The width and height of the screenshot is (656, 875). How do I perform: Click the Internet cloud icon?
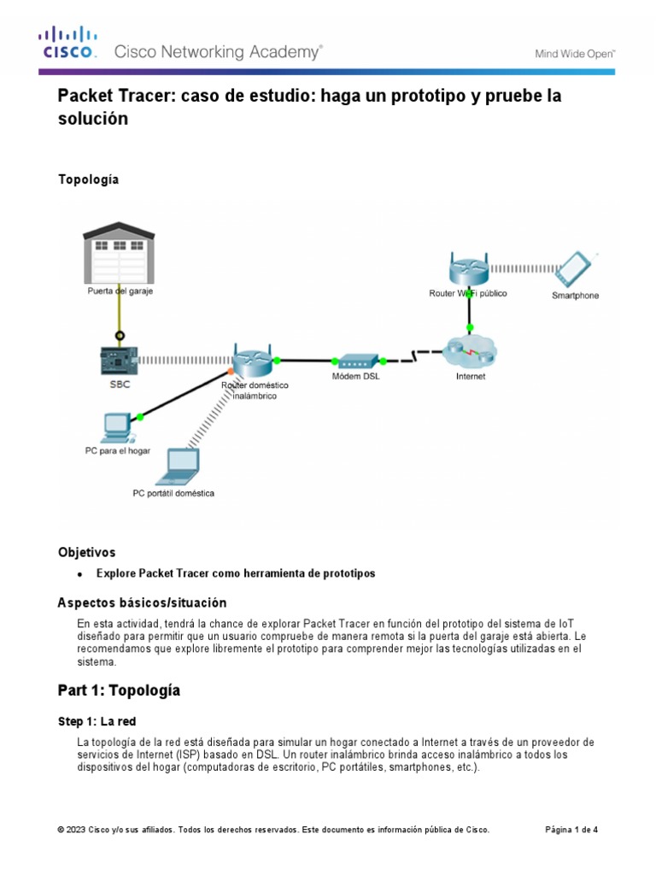pyautogui.click(x=469, y=351)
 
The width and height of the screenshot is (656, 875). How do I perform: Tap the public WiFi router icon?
pyautogui.click(x=468, y=270)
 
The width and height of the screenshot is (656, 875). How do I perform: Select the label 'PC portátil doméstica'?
pyautogui.click(x=173, y=493)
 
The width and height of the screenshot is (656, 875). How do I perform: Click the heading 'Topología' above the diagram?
pyautogui.click(x=88, y=179)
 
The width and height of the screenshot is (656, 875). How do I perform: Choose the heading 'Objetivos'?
pyautogui.click(x=86, y=552)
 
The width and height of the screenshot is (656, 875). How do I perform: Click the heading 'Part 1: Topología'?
pyautogui.click(x=119, y=690)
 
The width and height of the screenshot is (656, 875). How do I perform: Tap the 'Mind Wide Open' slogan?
pyautogui.click(x=575, y=53)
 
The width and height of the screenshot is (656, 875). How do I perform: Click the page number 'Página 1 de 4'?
pyautogui.click(x=571, y=830)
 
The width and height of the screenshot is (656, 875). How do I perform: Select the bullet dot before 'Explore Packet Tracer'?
pyautogui.click(x=80, y=574)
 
